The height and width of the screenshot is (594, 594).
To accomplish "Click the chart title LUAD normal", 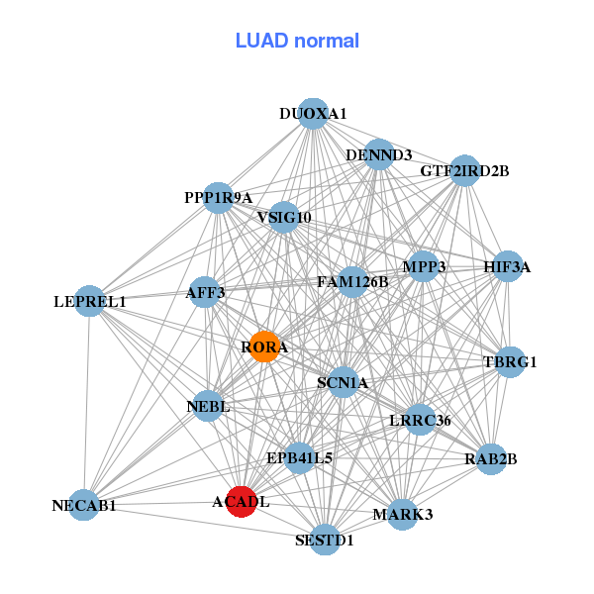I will tap(297, 41).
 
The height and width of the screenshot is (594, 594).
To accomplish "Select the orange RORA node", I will tap(264, 347).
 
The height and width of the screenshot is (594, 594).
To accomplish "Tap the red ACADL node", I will tap(242, 502).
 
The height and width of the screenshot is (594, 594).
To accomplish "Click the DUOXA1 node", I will tap(313, 114).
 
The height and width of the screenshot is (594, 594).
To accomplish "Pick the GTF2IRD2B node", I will tap(464, 170).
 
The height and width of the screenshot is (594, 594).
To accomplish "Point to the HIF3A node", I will tap(507, 266).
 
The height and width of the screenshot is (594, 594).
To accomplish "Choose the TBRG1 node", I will tap(509, 361).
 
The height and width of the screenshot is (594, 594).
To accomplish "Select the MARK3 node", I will tap(402, 514).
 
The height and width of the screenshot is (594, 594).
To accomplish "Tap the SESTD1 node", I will tap(325, 540).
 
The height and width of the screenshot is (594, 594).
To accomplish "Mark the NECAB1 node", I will tap(85, 505).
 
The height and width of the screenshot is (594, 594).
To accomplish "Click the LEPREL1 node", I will tap(90, 301).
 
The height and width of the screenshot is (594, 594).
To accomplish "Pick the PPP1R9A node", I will tap(219, 197).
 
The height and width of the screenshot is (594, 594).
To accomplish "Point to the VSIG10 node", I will tap(284, 218).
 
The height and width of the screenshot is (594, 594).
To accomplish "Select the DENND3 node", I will tap(379, 155).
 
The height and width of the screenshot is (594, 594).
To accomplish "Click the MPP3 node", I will tap(424, 266).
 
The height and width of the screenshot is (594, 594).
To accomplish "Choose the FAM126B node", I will tap(353, 282).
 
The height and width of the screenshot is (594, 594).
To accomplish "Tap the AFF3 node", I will tap(205, 292).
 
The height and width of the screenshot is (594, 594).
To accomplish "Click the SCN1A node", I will tap(343, 382).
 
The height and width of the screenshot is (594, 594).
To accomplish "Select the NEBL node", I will tap(208, 406).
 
